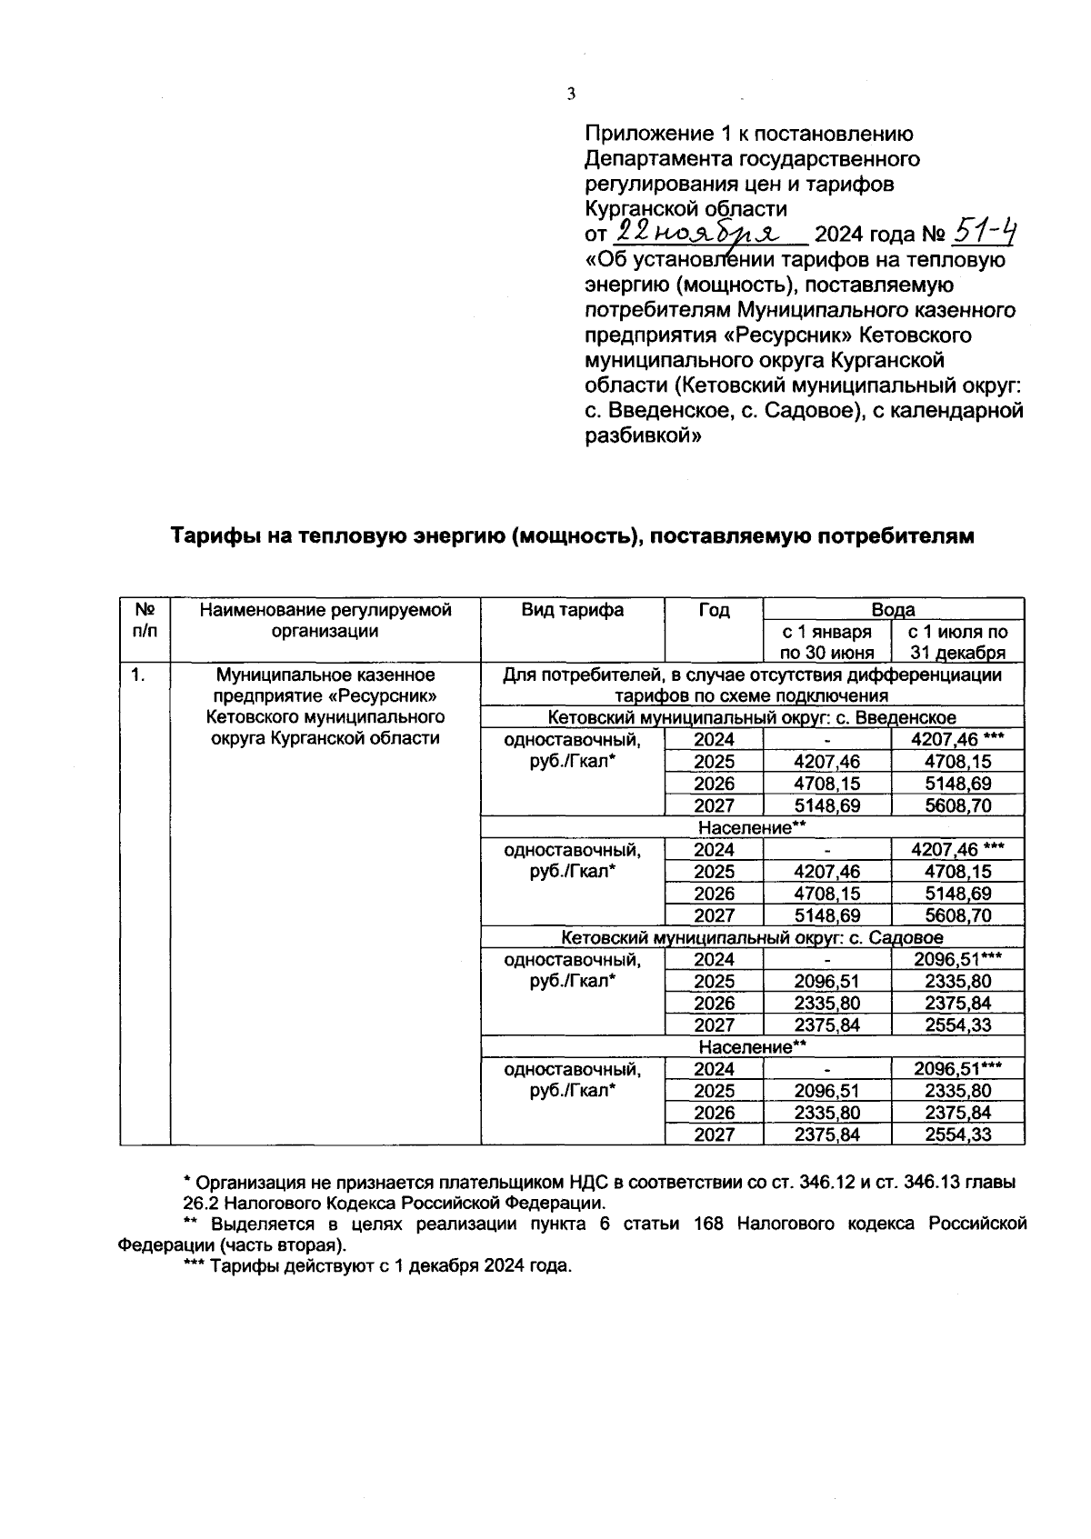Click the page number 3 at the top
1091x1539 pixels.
(571, 94)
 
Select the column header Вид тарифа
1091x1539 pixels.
(572, 610)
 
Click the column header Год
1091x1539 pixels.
(714, 610)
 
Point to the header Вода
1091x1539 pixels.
(893, 610)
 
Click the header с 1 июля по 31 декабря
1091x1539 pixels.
(958, 642)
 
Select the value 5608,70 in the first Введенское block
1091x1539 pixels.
(958, 805)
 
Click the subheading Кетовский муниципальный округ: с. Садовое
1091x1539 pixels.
(752, 937)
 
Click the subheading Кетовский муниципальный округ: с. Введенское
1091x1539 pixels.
(752, 718)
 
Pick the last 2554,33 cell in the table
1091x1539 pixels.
(958, 1134)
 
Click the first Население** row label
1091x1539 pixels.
(752, 827)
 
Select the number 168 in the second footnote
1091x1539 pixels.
(707, 1224)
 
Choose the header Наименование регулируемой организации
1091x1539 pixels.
(325, 620)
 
